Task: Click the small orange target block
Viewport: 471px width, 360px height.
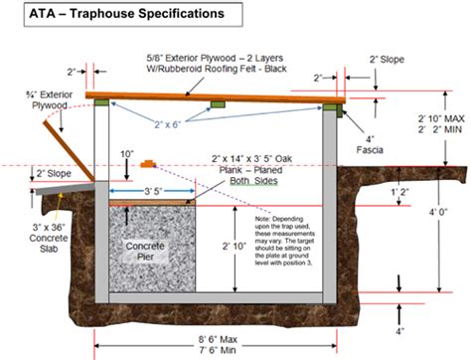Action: pos(149,161)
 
